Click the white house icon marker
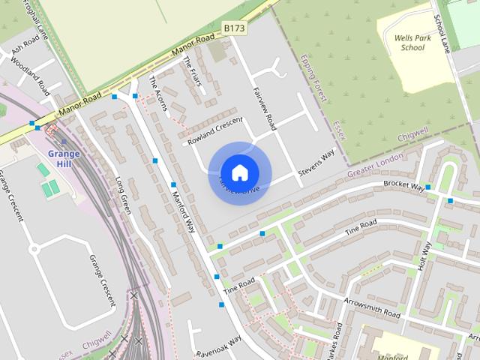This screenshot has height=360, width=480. pyautogui.click(x=239, y=172)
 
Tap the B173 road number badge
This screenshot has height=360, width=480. pyautogui.click(x=233, y=28)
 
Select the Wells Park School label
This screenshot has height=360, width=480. pyautogui.click(x=412, y=42)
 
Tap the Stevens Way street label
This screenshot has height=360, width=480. pyautogui.click(x=316, y=163)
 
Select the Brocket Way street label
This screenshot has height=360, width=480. pyautogui.click(x=403, y=186)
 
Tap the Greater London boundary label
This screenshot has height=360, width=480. pyautogui.click(x=376, y=165)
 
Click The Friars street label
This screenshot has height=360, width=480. pyautogui.click(x=193, y=72)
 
